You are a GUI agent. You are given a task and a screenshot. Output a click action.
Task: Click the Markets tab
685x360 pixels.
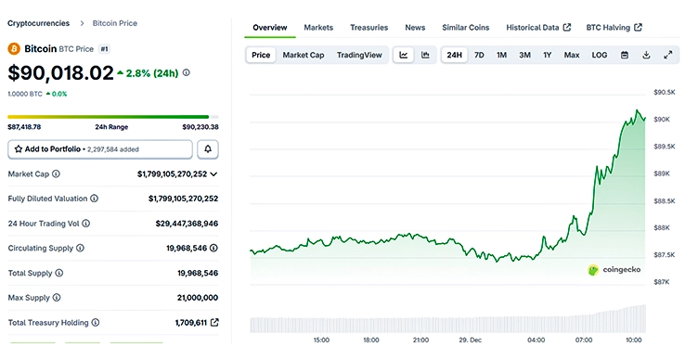click(318, 28)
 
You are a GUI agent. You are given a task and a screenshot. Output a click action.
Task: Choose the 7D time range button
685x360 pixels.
click(479, 55)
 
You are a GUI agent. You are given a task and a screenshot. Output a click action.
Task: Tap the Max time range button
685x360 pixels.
click(572, 55)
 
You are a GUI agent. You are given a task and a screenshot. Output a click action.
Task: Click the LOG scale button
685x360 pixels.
click(600, 55)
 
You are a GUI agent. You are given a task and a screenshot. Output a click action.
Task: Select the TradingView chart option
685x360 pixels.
click(359, 55)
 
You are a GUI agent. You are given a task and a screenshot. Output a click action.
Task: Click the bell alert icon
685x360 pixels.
click(208, 148)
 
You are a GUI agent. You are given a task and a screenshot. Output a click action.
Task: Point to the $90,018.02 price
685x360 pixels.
click(61, 72)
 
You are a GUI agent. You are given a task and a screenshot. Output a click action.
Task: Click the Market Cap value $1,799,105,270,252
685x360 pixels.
click(172, 174)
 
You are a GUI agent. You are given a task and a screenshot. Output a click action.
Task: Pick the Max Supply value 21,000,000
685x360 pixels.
click(197, 297)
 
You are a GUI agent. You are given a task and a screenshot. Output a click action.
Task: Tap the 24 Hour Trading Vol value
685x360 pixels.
click(187, 223)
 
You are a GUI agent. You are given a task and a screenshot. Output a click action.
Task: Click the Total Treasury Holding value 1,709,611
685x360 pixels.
click(190, 322)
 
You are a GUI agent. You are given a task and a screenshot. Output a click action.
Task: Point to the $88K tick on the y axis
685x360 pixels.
click(663, 227)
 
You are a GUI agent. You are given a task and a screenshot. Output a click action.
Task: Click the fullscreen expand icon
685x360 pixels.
click(668, 55)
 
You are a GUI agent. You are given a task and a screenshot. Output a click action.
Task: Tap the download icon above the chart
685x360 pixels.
click(646, 55)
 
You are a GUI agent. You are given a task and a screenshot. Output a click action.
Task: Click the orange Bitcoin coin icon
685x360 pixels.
click(14, 47)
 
